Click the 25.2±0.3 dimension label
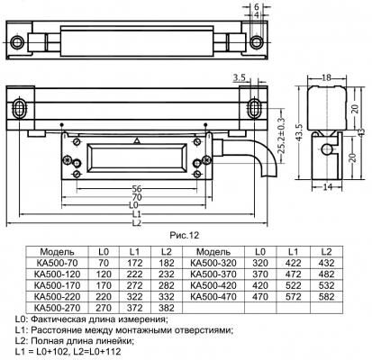click(282, 136)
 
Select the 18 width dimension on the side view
click(326, 77)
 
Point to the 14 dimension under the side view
click(327, 186)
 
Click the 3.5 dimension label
click(239, 78)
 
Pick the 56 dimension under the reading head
click(137, 189)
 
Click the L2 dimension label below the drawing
click(137, 223)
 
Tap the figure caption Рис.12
click(185, 236)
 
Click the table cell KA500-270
click(58, 308)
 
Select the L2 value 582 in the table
click(326, 297)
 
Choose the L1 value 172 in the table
click(135, 263)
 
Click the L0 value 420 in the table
click(260, 285)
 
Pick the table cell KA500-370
click(213, 274)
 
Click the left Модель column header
click(57, 252)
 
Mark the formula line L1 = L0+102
click(41, 352)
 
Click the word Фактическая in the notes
click(58, 319)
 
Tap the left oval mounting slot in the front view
click(19, 107)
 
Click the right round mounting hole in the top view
click(256, 42)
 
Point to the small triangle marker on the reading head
click(137, 141)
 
